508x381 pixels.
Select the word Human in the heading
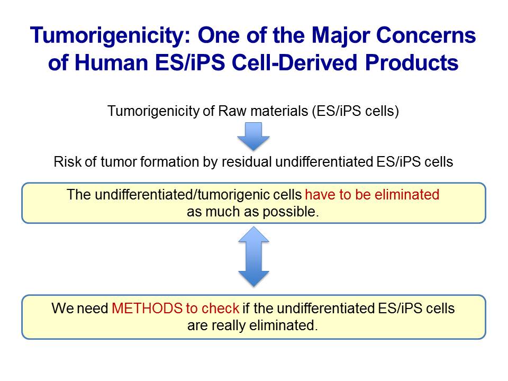pos(111,62)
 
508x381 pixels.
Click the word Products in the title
pos(412,62)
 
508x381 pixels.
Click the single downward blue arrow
pos(253,136)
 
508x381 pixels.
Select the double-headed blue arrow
pos(253,256)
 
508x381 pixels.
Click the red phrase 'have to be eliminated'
pos(372,194)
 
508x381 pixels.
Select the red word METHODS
pos(147,308)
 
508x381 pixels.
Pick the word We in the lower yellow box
pos(62,308)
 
